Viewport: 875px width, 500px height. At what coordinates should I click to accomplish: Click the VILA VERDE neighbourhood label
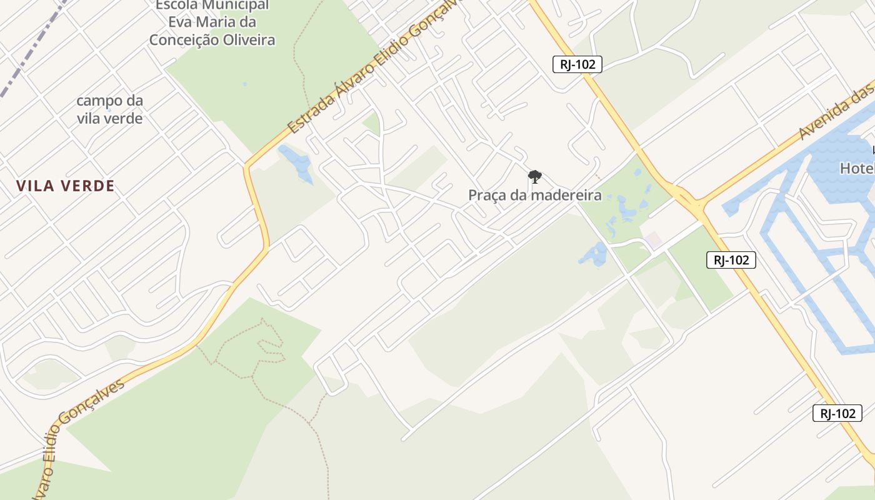pos(66,186)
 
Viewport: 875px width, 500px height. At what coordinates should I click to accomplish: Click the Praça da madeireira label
pos(535,196)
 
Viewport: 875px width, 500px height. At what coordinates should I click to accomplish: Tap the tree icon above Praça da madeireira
pos(534,177)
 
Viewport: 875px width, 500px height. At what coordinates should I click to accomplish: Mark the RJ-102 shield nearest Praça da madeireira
pos(577,64)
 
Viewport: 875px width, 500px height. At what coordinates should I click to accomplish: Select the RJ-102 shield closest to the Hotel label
pos(731,260)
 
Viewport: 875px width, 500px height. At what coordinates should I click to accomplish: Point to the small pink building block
pos(654,239)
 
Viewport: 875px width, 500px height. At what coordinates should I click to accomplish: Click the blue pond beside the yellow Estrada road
pos(297,162)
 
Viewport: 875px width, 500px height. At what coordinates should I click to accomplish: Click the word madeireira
pos(565,196)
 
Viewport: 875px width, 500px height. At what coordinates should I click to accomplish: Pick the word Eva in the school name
pos(182,22)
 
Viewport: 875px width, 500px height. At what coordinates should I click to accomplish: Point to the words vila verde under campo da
pos(110,118)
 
